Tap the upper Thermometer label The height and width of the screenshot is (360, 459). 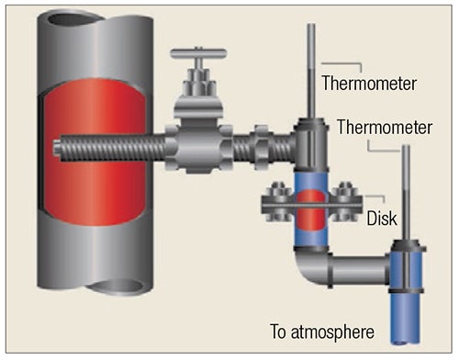tap(369, 84)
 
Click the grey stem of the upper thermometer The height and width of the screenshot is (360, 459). tap(313, 73)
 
